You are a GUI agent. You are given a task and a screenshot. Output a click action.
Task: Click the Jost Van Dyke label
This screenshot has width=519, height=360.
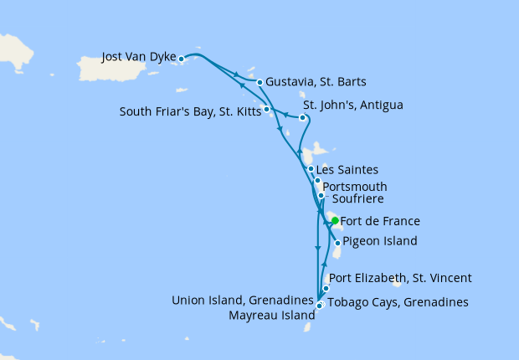point(137,58)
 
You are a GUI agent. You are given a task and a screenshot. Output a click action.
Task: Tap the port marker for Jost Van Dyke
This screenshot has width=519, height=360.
point(182,59)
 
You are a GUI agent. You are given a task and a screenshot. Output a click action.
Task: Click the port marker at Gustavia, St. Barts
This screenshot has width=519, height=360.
point(260,82)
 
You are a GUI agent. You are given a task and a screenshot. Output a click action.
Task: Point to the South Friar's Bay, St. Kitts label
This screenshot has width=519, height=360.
point(189,109)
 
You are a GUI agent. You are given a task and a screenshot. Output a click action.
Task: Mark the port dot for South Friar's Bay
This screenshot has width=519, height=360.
point(266,109)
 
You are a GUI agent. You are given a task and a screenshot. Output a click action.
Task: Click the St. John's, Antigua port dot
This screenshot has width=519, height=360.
point(303,118)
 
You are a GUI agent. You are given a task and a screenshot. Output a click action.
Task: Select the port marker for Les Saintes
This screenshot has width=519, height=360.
point(311,169)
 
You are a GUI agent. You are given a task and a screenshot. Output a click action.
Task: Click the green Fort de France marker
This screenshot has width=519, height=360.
point(334,221)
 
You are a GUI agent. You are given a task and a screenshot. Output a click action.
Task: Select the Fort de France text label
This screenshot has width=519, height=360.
point(381,222)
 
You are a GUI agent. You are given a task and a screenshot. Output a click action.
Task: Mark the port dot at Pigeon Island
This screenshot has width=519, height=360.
point(337,243)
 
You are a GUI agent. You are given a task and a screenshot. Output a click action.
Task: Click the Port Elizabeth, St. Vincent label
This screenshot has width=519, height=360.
point(401,278)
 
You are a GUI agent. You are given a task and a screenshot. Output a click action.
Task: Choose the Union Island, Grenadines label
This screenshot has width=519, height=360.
point(242,299)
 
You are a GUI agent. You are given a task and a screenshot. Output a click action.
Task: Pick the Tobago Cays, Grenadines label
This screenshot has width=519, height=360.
point(397,302)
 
